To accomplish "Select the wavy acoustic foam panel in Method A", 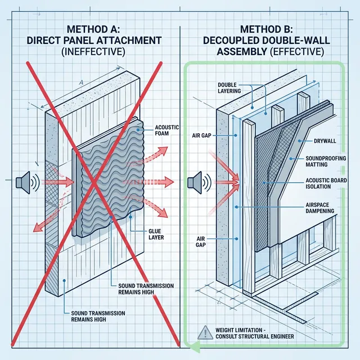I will click(x=107, y=180).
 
